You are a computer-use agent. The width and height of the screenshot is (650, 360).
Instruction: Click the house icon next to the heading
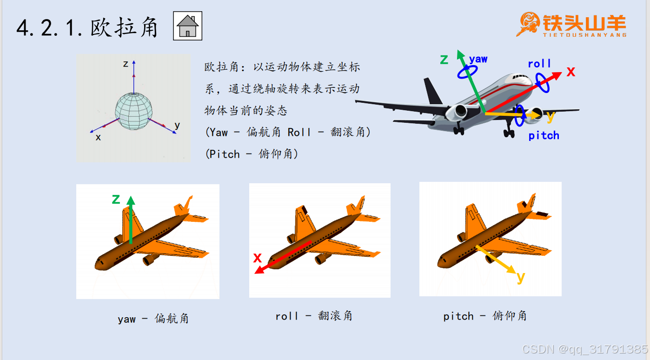187,26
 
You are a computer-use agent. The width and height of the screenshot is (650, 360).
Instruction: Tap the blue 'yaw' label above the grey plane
478,59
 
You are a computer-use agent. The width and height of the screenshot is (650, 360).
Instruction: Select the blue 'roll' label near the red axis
539,63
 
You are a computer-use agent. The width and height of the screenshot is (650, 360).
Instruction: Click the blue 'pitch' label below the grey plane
544,135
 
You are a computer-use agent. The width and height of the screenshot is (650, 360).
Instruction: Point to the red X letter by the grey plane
571,72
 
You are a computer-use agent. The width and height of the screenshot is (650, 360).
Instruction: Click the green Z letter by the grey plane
444,60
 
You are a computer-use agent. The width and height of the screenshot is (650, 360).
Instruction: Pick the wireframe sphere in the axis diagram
134,111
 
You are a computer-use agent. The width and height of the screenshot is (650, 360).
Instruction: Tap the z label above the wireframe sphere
126,64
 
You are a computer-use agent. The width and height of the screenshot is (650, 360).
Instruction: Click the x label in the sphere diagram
98,137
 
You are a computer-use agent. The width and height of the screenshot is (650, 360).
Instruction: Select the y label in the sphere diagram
177,126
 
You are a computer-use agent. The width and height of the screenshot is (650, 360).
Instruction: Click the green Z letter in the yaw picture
116,199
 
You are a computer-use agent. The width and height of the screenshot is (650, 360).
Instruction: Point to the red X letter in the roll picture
258,258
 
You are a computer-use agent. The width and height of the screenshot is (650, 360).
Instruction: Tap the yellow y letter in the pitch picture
521,278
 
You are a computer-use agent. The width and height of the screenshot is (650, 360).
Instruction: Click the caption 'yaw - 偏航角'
153,319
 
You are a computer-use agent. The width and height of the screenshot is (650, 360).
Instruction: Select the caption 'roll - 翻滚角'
314,315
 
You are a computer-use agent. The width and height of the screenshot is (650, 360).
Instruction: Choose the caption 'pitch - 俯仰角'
485,316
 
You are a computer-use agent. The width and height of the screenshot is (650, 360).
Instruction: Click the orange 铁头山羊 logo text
584,23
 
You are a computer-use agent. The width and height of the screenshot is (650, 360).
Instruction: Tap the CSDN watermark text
585,349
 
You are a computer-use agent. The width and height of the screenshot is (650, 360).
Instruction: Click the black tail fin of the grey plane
432,91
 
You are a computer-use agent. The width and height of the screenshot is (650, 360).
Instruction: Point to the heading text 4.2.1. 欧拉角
87,28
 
